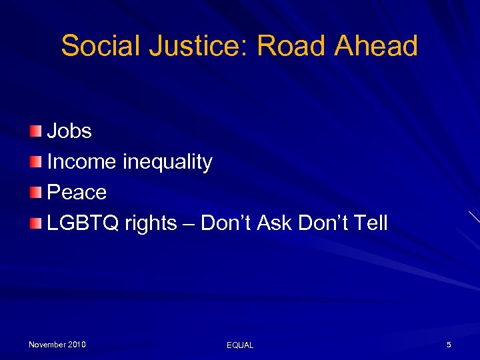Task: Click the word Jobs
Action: (x=69, y=131)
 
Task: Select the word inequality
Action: (x=167, y=162)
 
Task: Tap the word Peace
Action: (x=77, y=193)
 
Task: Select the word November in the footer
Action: (x=47, y=345)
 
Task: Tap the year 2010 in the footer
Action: (x=77, y=345)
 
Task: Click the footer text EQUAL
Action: (x=240, y=345)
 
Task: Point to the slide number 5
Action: (x=449, y=345)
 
